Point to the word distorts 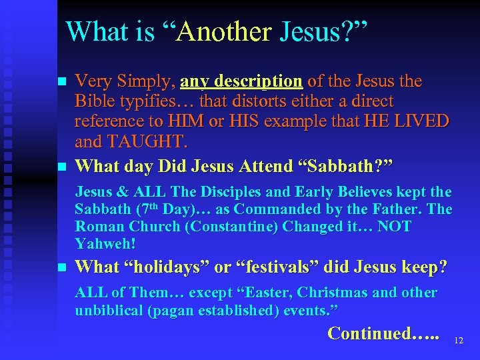click(x=261, y=102)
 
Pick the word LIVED click(x=424, y=123)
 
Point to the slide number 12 click(x=458, y=340)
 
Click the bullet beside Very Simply click(x=61, y=83)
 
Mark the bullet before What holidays click(x=61, y=268)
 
